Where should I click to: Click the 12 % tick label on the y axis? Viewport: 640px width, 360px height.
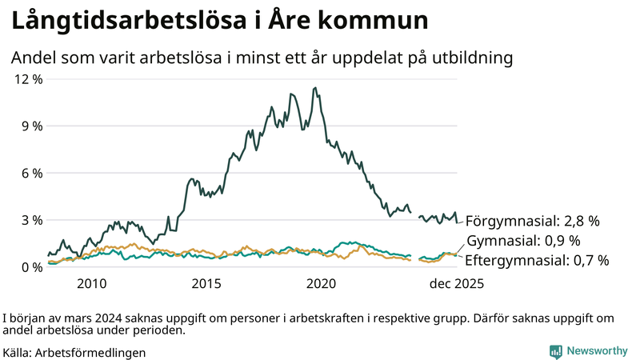[27, 79]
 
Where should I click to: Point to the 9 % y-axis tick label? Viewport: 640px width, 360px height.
[30, 126]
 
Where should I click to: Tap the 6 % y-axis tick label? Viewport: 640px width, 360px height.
[30, 173]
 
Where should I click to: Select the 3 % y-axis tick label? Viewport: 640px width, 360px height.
[30, 220]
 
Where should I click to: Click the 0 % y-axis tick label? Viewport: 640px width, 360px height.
[30, 266]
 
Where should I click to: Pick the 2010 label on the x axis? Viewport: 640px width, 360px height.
[92, 284]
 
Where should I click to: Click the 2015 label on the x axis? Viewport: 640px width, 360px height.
[206, 284]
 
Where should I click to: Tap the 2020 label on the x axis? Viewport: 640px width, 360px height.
[322, 284]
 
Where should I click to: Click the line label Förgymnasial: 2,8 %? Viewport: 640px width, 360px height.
[532, 220]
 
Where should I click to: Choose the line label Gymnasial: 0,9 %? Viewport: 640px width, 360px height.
[523, 240]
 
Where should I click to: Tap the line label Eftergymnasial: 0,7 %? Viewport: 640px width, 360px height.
[537, 260]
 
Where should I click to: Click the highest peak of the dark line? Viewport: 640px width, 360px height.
[315, 88]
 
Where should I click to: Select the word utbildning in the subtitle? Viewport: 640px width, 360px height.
[468, 58]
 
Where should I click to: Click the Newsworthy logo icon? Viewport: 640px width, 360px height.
[555, 351]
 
